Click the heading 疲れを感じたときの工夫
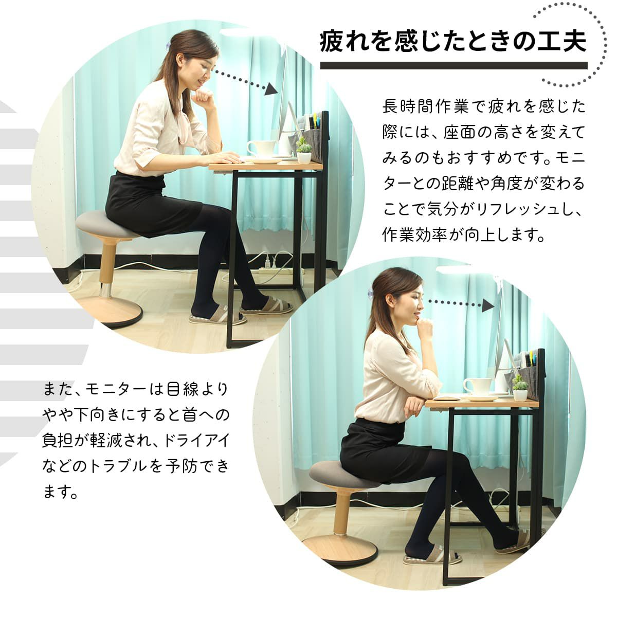pyautogui.click(x=453, y=41)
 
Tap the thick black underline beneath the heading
pyautogui.click(x=454, y=65)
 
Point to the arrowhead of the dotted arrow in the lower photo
pyautogui.click(x=487, y=305)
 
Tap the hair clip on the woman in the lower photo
pyautogui.click(x=371, y=293)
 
